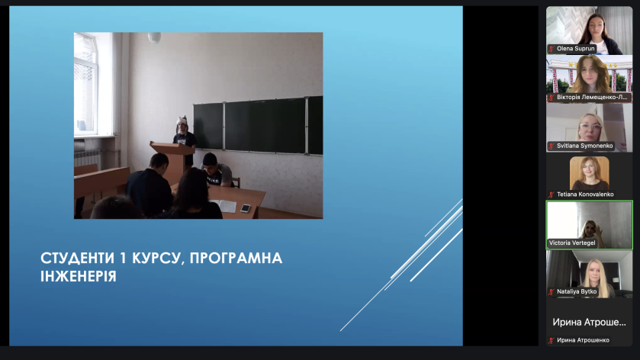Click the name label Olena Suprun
575,49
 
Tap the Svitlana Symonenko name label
584,146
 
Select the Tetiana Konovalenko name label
585,194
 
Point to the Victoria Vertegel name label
572,243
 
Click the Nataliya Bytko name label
577,291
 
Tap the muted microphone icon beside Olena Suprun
552,49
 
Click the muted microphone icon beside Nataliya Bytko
552,292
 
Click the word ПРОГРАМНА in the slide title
236,258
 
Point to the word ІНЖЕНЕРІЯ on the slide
79,276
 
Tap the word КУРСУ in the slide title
156,259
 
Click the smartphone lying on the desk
246,208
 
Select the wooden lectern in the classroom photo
174,161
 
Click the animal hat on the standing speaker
182,121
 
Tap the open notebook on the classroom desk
224,205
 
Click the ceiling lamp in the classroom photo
154,37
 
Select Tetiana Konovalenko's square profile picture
589,173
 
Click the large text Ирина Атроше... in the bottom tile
589,322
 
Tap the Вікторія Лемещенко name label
592,97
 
